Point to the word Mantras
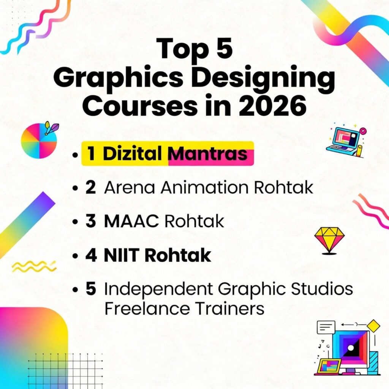pyautogui.click(x=208, y=154)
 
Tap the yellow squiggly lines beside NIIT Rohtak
pyautogui.click(x=34, y=267)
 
